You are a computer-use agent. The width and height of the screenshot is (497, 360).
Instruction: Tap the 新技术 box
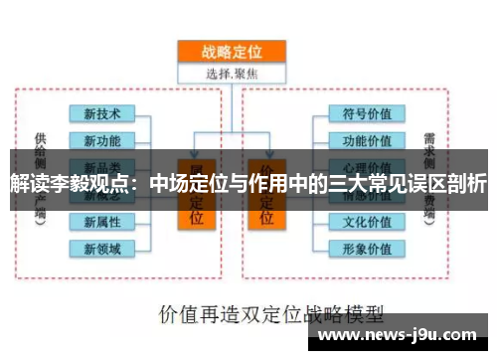pos(101,115)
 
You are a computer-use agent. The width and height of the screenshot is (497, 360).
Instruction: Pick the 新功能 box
pos(101,140)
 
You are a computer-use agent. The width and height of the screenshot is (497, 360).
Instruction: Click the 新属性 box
pos(101,221)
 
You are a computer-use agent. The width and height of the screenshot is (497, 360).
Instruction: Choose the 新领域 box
pos(101,247)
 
